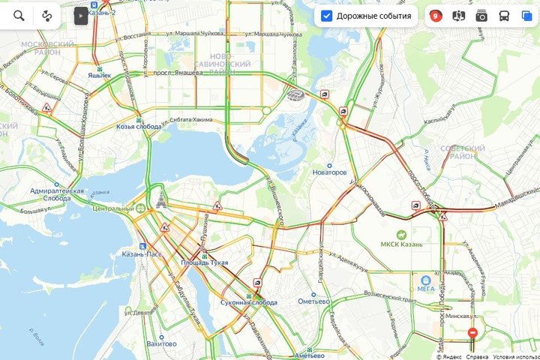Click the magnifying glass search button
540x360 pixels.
click(19, 15)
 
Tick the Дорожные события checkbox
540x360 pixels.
click(326, 16)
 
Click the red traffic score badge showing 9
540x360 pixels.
click(436, 16)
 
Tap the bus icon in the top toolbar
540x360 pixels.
click(504, 16)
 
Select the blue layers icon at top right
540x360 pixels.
click(526, 16)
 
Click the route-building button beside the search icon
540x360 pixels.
click(47, 15)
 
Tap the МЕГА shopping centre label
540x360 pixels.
click(425, 287)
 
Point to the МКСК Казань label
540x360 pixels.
click(401, 244)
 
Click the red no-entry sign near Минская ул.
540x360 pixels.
click(472, 332)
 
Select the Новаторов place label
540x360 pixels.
click(329, 172)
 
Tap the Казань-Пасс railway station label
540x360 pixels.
click(142, 254)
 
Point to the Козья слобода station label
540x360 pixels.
click(139, 127)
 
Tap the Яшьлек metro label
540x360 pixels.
click(99, 75)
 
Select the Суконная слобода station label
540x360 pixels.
click(250, 301)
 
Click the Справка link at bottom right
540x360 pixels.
click(476, 356)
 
